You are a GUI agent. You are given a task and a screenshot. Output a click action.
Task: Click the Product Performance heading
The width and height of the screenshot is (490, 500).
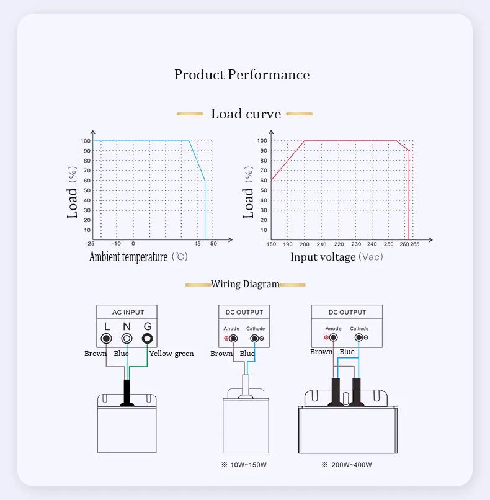click(x=242, y=75)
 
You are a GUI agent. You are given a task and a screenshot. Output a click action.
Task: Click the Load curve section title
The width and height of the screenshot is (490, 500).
click(x=246, y=114)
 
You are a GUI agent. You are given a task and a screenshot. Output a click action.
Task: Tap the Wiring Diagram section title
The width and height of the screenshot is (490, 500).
click(x=245, y=284)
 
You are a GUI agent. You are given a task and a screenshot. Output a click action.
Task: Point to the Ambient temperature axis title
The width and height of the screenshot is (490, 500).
click(x=128, y=257)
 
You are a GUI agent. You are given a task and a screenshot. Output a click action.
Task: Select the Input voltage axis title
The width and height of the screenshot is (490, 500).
click(x=323, y=257)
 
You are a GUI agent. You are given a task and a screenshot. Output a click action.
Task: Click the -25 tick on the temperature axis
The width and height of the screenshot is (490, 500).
click(x=91, y=244)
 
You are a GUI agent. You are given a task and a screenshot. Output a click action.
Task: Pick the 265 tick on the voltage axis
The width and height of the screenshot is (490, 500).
click(x=414, y=244)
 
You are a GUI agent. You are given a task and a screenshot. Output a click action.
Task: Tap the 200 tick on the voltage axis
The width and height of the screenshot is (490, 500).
click(x=305, y=244)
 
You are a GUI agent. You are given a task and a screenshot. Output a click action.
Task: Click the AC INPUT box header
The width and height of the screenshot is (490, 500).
click(x=127, y=312)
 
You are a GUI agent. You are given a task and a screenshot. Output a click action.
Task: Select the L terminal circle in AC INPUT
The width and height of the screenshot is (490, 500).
click(x=107, y=339)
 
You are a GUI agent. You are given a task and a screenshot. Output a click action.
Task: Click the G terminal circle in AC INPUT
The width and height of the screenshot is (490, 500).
click(x=147, y=339)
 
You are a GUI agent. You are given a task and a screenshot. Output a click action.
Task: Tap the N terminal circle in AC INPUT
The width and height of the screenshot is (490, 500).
click(x=127, y=339)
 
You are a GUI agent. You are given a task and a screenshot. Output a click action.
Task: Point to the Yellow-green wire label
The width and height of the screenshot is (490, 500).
click(x=171, y=354)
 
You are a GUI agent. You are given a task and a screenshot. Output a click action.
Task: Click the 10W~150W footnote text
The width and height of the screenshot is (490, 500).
click(x=246, y=465)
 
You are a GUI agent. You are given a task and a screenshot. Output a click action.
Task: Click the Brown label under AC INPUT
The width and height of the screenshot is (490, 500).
click(x=96, y=354)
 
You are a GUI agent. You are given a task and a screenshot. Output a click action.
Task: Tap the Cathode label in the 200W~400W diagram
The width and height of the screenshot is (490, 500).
click(x=359, y=329)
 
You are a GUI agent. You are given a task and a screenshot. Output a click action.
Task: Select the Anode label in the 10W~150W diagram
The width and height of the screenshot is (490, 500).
click(x=231, y=329)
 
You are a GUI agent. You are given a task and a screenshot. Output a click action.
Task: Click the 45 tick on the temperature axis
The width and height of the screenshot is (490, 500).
click(x=197, y=244)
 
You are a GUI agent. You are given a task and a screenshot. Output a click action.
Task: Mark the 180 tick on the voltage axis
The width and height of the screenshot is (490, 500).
click(x=271, y=244)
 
